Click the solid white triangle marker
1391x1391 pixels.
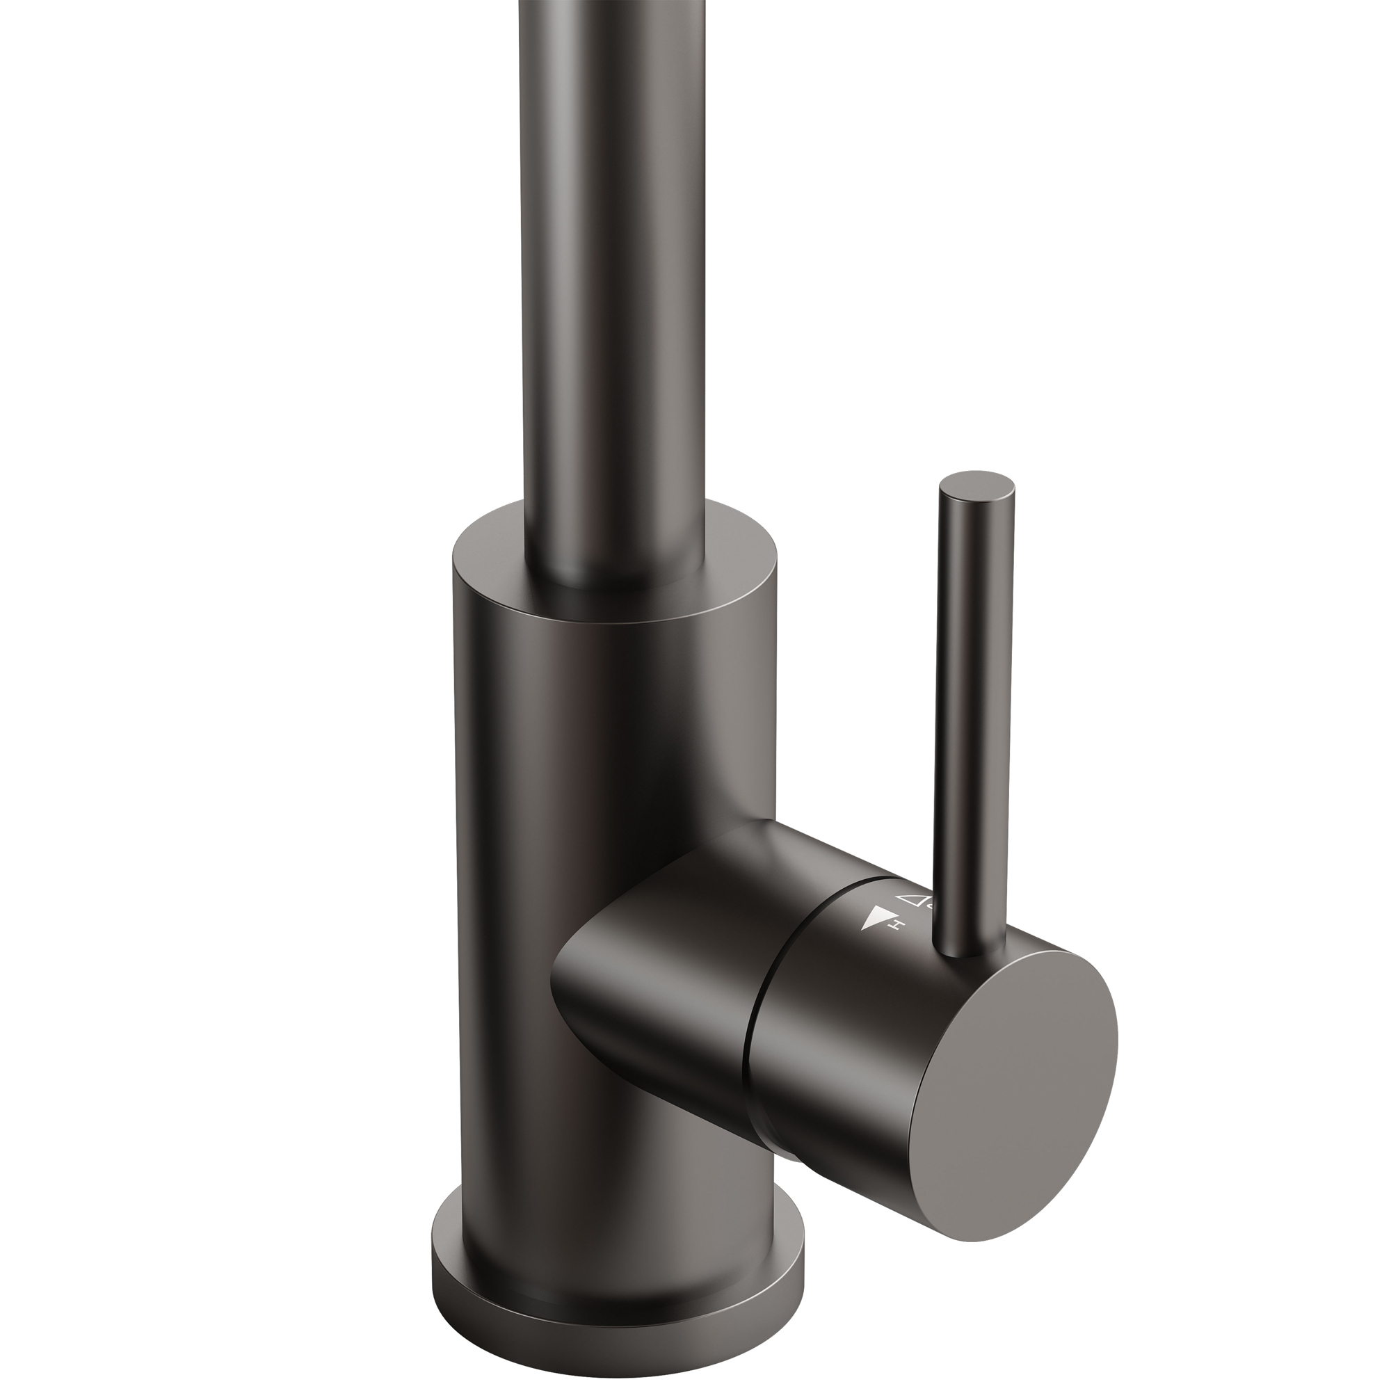874,920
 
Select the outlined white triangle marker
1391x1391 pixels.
911,899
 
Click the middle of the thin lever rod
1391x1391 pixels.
968,720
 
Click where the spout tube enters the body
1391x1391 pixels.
612,584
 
